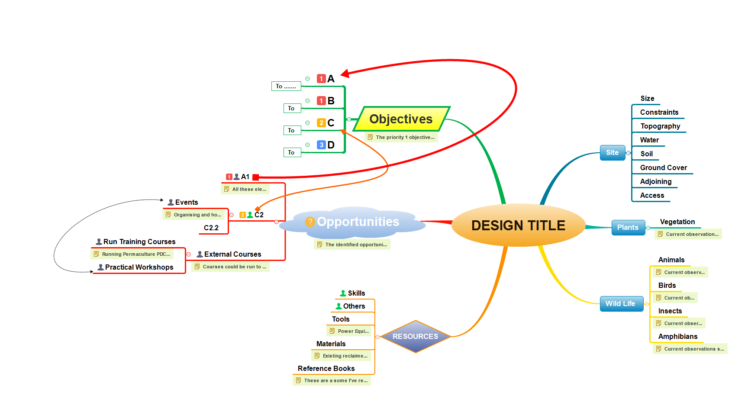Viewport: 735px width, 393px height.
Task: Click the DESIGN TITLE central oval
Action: pyautogui.click(x=518, y=225)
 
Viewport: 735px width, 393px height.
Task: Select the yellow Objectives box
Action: pyautogui.click(x=401, y=119)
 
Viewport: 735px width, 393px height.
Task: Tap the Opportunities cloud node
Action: pyautogui.click(x=358, y=222)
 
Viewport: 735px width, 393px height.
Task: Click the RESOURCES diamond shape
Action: pyautogui.click(x=415, y=336)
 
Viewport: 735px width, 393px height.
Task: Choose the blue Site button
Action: pyautogui.click(x=612, y=152)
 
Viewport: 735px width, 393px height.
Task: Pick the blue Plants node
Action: pyautogui.click(x=628, y=227)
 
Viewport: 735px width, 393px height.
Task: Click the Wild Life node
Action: pyautogui.click(x=620, y=303)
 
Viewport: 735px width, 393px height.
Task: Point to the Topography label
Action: pyautogui.click(x=660, y=126)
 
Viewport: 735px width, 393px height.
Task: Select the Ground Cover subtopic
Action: pyautogui.click(x=664, y=168)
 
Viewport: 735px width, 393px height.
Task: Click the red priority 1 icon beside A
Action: pyautogui.click(x=321, y=79)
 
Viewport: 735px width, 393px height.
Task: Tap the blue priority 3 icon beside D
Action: pyautogui.click(x=321, y=145)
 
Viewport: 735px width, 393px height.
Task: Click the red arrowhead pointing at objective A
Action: pyautogui.click(x=345, y=73)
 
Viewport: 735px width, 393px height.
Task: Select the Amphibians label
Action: pyautogui.click(x=678, y=336)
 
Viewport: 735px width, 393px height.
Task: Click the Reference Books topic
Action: pyautogui.click(x=326, y=368)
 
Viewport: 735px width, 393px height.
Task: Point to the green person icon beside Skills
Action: pyautogui.click(x=343, y=293)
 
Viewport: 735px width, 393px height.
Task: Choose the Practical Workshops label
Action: pyautogui.click(x=139, y=267)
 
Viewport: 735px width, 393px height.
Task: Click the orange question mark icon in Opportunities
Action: pyautogui.click(x=310, y=222)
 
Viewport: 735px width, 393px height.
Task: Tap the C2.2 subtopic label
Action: pyautogui.click(x=211, y=228)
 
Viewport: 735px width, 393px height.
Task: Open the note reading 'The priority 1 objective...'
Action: pyautogui.click(x=405, y=137)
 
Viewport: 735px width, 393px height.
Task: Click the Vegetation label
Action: pyautogui.click(x=677, y=222)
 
